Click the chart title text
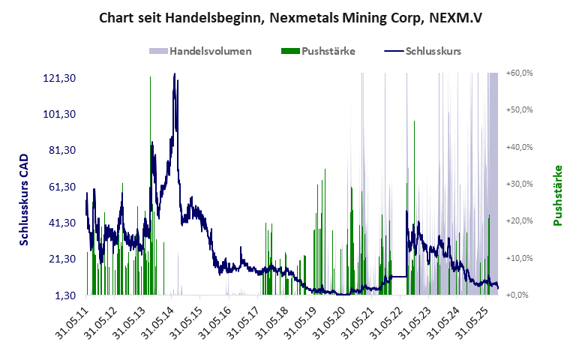coord(289,17)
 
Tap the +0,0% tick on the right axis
coord(520,295)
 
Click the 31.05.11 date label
coord(73,321)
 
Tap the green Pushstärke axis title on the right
coord(558,195)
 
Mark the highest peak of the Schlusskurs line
coord(175,73)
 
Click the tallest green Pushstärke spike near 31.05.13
coord(150,78)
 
